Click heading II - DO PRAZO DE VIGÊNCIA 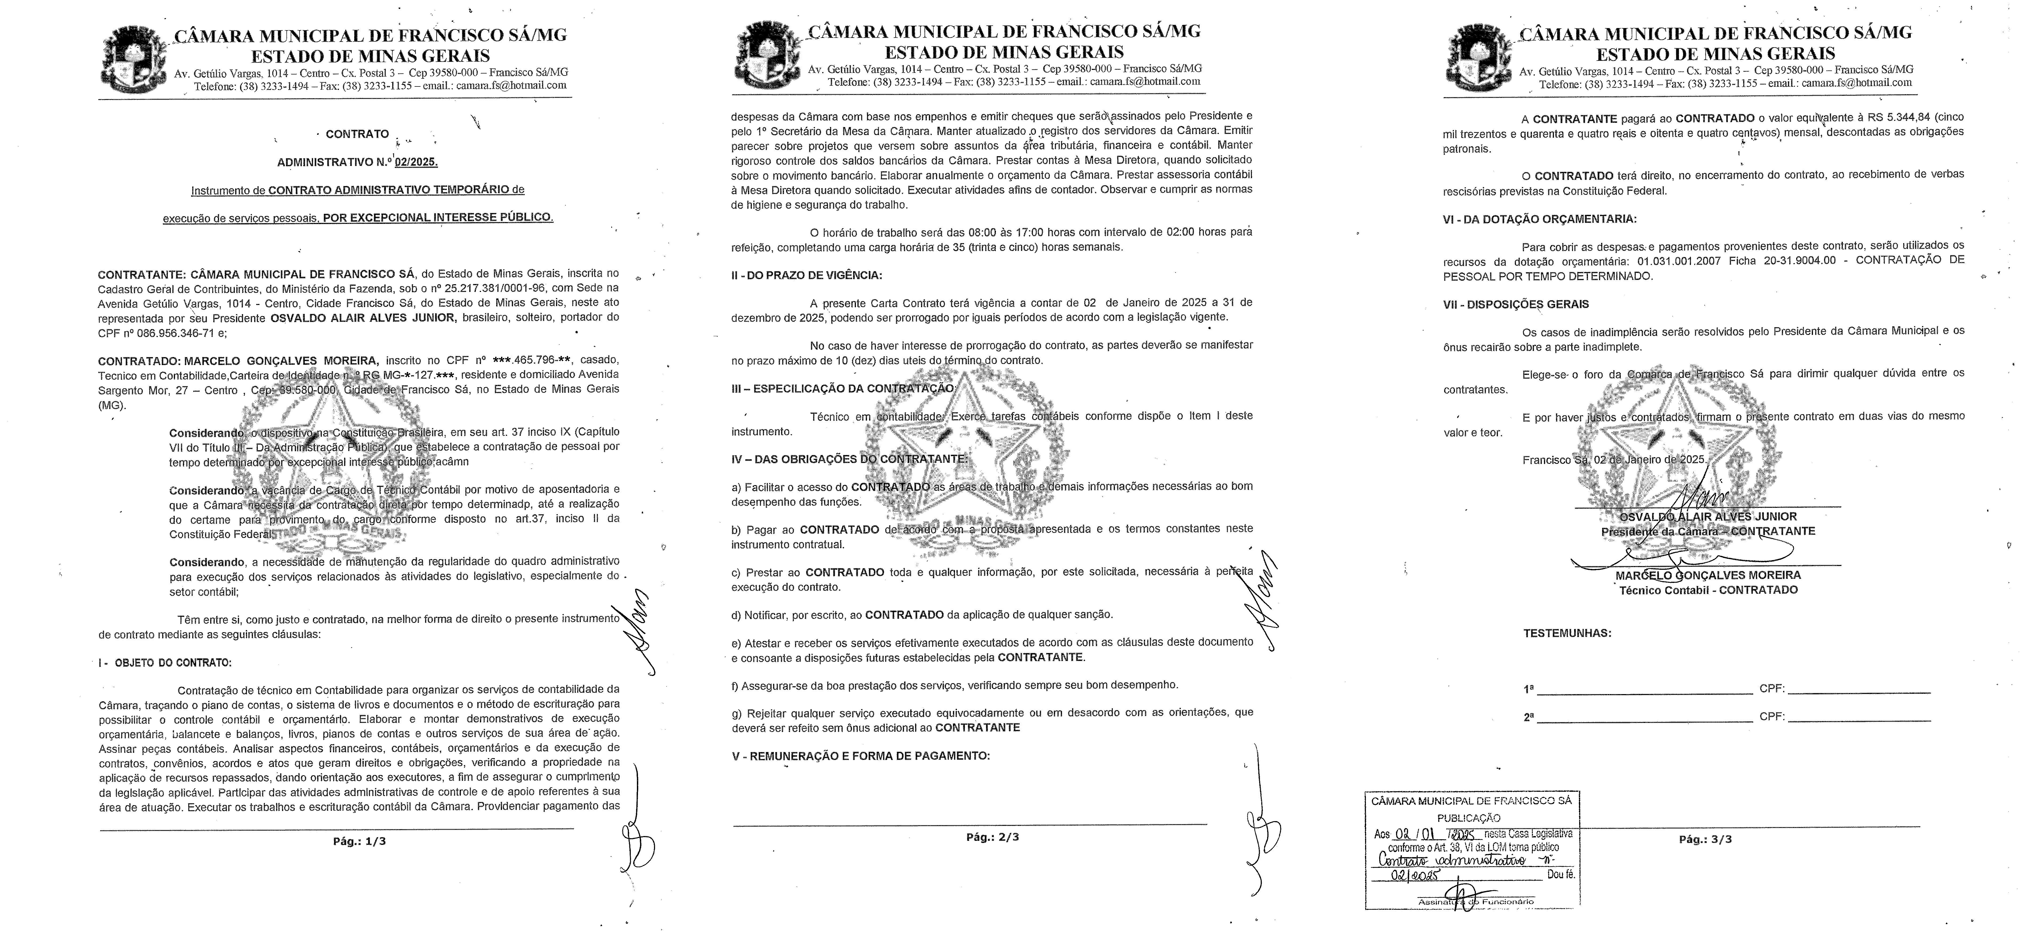pos(806,275)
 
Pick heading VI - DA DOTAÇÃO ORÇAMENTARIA pos(1540,220)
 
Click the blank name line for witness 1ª pos(1645,691)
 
